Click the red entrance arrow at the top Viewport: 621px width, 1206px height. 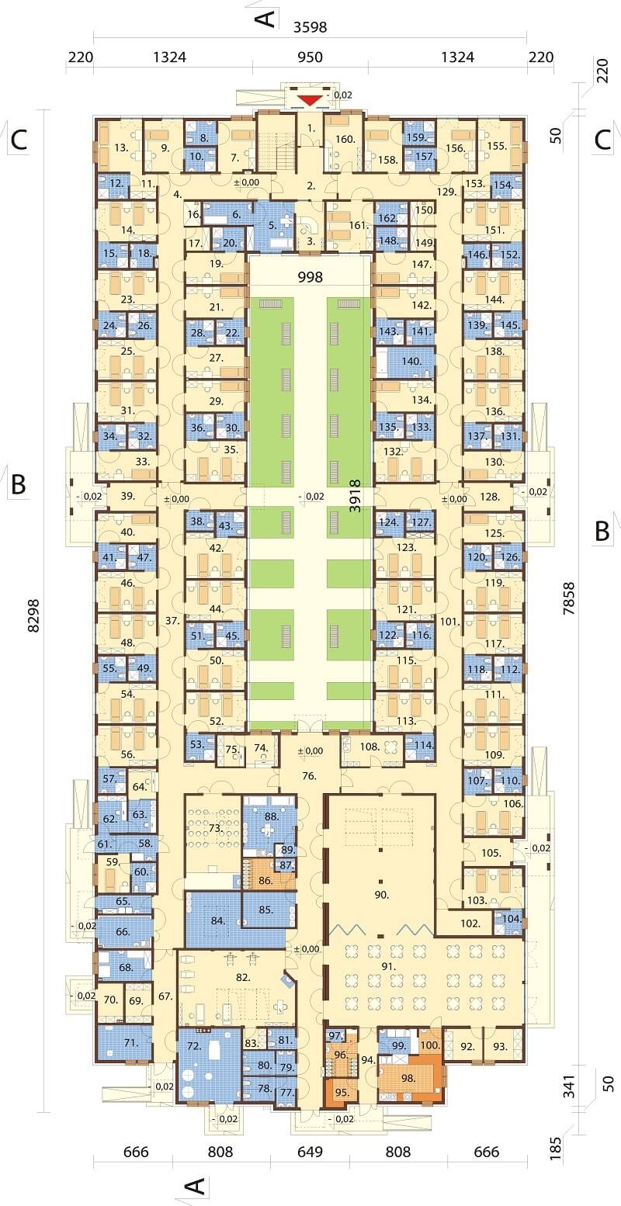point(310,100)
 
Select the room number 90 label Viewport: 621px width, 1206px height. point(381,895)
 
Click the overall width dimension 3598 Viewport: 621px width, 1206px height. point(310,26)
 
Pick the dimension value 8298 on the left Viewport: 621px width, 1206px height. point(33,615)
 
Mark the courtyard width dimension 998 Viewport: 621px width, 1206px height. point(310,277)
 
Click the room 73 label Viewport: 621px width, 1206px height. point(216,827)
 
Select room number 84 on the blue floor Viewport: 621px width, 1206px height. point(217,920)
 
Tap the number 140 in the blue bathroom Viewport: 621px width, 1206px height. point(411,362)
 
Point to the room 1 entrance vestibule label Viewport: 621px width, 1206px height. point(311,128)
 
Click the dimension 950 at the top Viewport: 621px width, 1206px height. point(310,57)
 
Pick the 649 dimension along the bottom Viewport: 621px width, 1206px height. point(310,1152)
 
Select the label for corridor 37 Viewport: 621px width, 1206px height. point(172,621)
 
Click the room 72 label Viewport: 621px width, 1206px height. point(194,1046)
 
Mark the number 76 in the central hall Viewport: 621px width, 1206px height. point(309,776)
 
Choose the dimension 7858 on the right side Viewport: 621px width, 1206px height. point(568,598)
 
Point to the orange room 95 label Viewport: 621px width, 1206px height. point(342,1093)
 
